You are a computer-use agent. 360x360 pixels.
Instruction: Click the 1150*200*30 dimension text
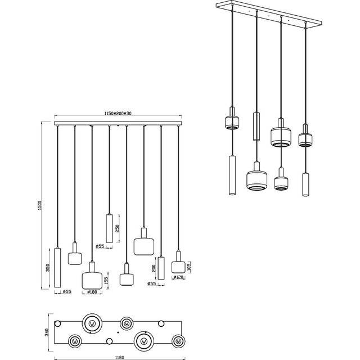pos(118,114)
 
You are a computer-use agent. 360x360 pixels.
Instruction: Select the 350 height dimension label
pos(48,270)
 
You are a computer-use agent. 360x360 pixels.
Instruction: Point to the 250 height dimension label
pos(117,228)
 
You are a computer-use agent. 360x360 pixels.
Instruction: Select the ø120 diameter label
pos(179,277)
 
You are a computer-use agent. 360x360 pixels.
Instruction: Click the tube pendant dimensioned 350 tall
pos(57,269)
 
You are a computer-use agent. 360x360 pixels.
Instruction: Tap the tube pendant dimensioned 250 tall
pos(109,228)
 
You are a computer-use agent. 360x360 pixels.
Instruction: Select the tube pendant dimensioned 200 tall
pos(161,268)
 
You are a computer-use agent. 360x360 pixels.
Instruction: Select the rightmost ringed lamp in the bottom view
pos(178,340)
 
